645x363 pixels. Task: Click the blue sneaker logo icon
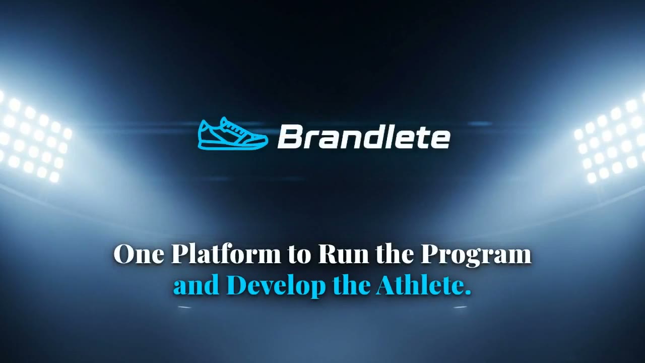click(x=233, y=134)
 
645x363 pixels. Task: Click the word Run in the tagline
click(x=344, y=254)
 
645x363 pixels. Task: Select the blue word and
click(x=197, y=285)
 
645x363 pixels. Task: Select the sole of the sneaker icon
click(x=232, y=146)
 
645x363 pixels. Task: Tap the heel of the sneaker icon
click(x=204, y=133)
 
